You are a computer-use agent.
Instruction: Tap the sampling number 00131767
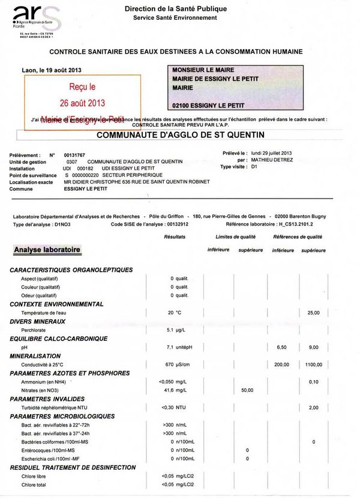click(76, 155)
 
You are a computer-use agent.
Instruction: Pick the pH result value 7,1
click(170, 347)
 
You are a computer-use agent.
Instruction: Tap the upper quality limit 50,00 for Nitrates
click(247, 391)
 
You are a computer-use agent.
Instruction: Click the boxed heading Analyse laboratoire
click(47, 249)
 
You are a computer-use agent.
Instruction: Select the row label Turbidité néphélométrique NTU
click(58, 408)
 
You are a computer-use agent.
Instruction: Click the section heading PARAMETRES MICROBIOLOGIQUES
click(62, 416)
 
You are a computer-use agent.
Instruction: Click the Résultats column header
click(175, 237)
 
